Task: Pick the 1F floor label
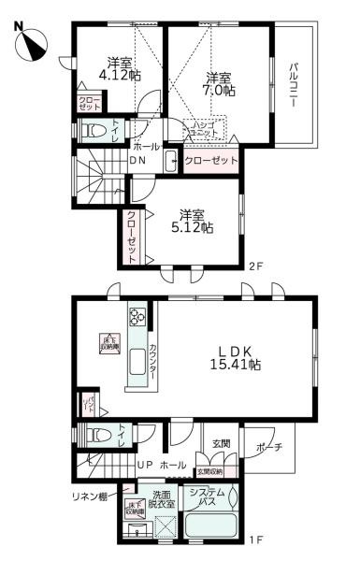click(x=255, y=539)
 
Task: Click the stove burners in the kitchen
click(x=137, y=316)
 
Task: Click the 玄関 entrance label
click(x=221, y=443)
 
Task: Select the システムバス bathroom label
click(x=207, y=497)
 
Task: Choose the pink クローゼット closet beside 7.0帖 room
click(x=210, y=160)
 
